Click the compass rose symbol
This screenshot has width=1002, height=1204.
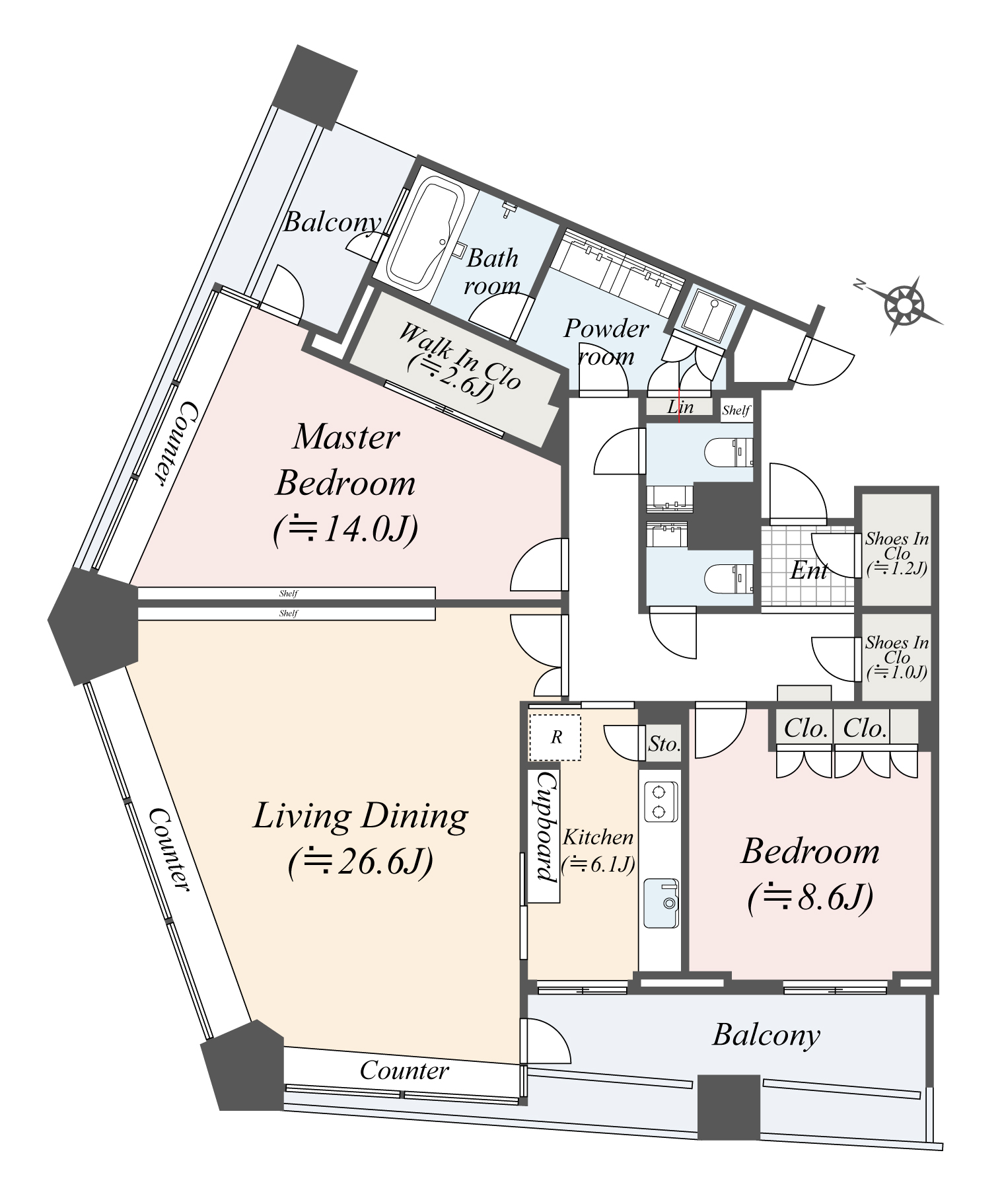(x=902, y=306)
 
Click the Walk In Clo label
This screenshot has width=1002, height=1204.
(x=459, y=360)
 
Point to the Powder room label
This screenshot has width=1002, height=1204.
(x=605, y=342)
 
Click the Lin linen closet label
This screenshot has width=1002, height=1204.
(x=680, y=407)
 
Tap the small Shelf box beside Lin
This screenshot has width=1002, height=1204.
(x=736, y=410)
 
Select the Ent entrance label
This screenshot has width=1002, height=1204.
(x=808, y=570)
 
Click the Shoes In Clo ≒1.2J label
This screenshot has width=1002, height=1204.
(x=896, y=553)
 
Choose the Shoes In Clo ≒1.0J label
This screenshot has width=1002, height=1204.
(x=896, y=657)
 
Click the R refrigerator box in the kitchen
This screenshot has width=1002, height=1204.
(x=555, y=737)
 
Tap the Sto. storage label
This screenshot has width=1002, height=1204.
(x=663, y=744)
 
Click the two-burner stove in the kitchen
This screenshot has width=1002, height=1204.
(x=659, y=802)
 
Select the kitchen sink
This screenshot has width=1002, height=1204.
(x=661, y=903)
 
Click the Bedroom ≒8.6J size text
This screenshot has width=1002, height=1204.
(x=810, y=897)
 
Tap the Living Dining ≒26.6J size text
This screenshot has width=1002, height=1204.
(x=361, y=862)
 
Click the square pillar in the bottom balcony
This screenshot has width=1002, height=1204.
(x=729, y=1107)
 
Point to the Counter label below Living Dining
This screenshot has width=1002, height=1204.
(x=404, y=1070)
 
